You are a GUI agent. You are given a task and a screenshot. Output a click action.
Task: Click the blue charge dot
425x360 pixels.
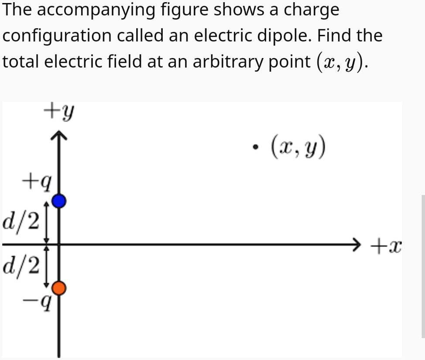coord(59,201)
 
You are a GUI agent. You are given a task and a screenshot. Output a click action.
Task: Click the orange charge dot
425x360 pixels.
coord(59,288)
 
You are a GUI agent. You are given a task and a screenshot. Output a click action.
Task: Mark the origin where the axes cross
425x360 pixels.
coord(59,244)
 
